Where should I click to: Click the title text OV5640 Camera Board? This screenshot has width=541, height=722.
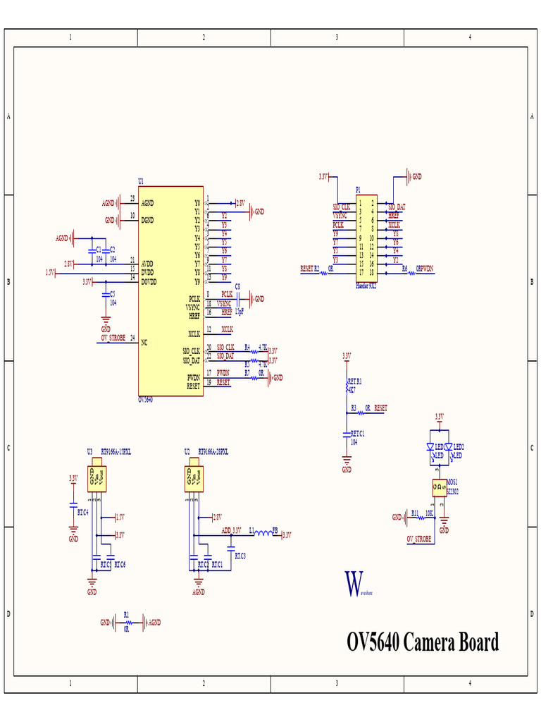click(x=423, y=642)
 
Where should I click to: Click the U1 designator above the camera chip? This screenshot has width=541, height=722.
click(x=141, y=181)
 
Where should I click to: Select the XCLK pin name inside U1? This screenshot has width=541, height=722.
click(x=194, y=333)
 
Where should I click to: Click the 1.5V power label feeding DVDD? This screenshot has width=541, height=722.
click(x=50, y=271)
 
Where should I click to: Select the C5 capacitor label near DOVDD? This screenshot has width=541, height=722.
click(x=113, y=293)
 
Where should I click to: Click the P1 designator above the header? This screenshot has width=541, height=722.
click(x=358, y=190)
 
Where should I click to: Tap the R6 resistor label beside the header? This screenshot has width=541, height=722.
click(x=405, y=268)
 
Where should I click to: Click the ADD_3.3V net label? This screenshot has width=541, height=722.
click(x=231, y=530)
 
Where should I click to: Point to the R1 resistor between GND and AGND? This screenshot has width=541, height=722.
click(x=127, y=622)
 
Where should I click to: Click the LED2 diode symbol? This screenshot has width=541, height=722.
click(x=449, y=447)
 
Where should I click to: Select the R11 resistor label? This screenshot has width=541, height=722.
click(x=415, y=513)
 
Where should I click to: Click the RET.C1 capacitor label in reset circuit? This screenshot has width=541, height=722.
click(x=357, y=433)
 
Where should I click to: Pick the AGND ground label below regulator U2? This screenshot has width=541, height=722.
click(x=199, y=592)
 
